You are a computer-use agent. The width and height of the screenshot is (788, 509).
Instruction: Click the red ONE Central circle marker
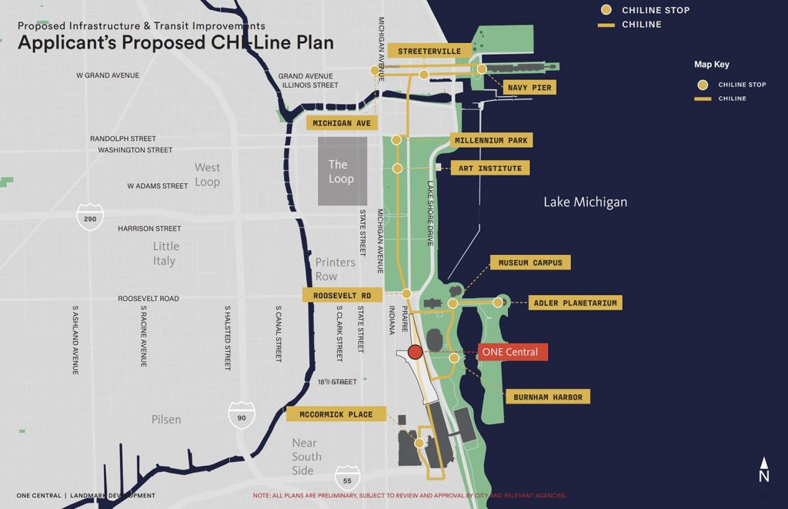pyautogui.click(x=415, y=353)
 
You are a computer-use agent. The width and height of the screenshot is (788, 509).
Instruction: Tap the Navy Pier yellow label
pyautogui.click(x=529, y=88)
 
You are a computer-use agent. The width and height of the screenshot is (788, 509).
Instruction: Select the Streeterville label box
pyautogui.click(x=429, y=51)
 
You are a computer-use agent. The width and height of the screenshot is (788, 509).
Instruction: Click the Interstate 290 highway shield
pyautogui.click(x=89, y=217)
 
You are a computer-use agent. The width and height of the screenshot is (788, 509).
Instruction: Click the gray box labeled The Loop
pyautogui.click(x=342, y=172)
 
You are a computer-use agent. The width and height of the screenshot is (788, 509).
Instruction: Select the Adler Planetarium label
pyautogui.click(x=576, y=303)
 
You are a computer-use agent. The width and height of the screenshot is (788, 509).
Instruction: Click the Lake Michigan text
pyautogui.click(x=585, y=202)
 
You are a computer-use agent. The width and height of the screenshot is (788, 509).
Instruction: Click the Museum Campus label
pyautogui.click(x=530, y=263)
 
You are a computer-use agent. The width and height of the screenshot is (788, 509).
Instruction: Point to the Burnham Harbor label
pyautogui.click(x=548, y=397)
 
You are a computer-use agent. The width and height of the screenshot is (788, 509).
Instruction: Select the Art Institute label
pyautogui.click(x=489, y=169)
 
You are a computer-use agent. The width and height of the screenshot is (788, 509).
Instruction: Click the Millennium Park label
pyautogui.click(x=491, y=140)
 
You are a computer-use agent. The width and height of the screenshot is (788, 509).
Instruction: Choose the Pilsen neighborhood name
pyautogui.click(x=166, y=420)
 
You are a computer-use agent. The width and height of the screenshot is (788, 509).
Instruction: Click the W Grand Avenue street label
pyautogui.click(x=108, y=75)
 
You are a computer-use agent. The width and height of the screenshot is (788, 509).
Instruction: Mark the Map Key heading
pyautogui.click(x=712, y=65)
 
